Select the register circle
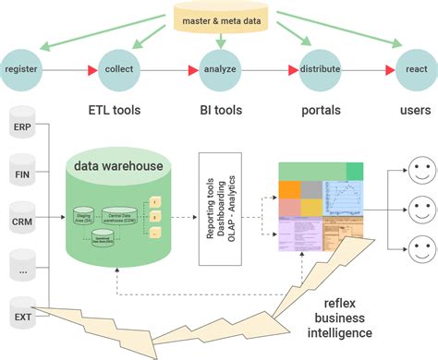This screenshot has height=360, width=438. (x=21, y=69)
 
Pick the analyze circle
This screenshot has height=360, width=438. (x=220, y=69)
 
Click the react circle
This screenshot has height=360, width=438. (x=415, y=69)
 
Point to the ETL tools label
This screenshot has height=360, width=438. (x=114, y=110)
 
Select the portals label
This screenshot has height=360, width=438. (x=321, y=110)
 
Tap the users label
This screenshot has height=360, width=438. (x=414, y=110)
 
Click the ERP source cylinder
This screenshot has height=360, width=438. (x=22, y=126)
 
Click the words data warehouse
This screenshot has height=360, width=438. (x=119, y=167)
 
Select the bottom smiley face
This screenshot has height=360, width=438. (x=420, y=248)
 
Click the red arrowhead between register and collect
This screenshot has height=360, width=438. (x=90, y=69)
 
